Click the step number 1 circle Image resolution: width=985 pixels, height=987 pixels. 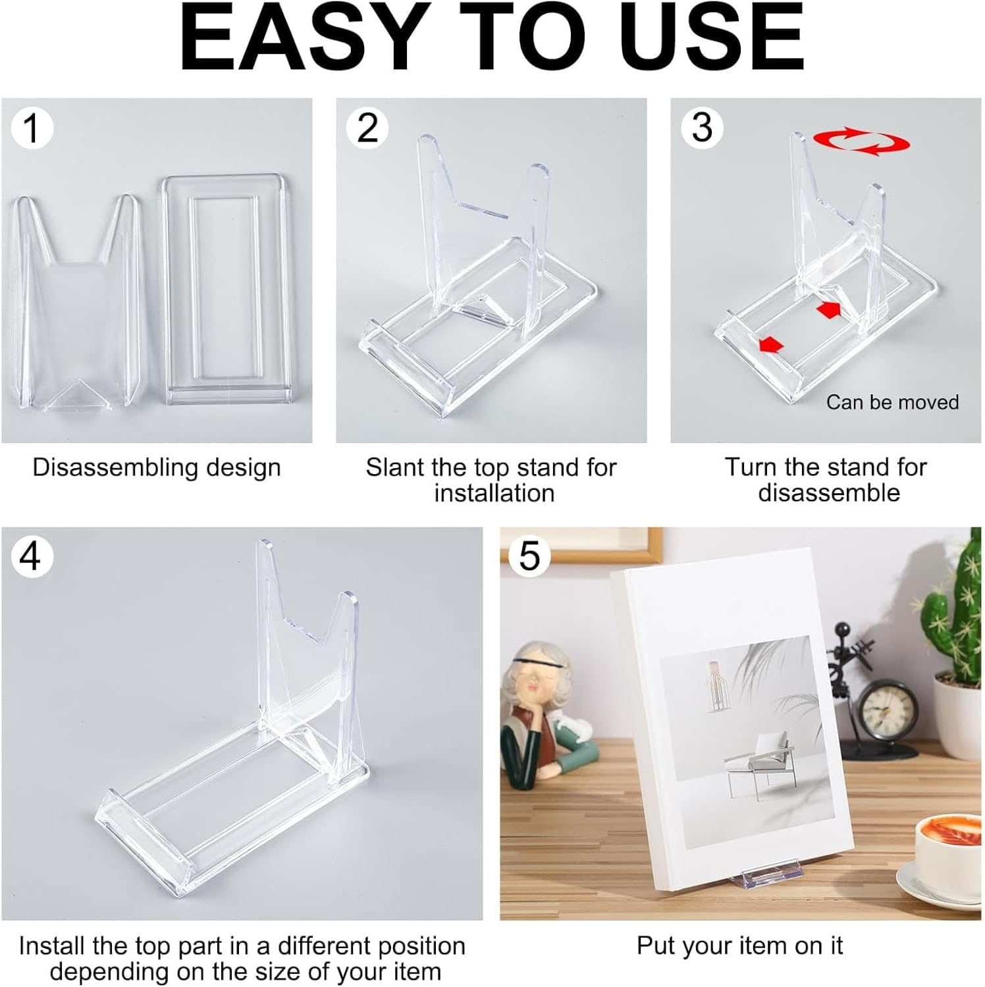click(x=31, y=128)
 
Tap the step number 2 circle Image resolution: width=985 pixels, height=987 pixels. click(x=367, y=128)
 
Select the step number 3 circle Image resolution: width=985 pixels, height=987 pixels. click(x=702, y=128)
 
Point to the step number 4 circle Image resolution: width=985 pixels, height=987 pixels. click(x=31, y=556)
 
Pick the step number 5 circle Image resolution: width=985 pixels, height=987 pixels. click(x=529, y=556)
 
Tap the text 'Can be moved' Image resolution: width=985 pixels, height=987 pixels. click(x=892, y=402)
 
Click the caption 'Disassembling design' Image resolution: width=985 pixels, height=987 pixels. click(x=157, y=467)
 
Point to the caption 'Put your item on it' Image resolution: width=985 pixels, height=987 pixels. click(x=739, y=946)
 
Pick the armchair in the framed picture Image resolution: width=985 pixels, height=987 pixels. click(x=757, y=764)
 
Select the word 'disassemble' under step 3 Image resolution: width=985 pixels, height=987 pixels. click(x=828, y=493)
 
